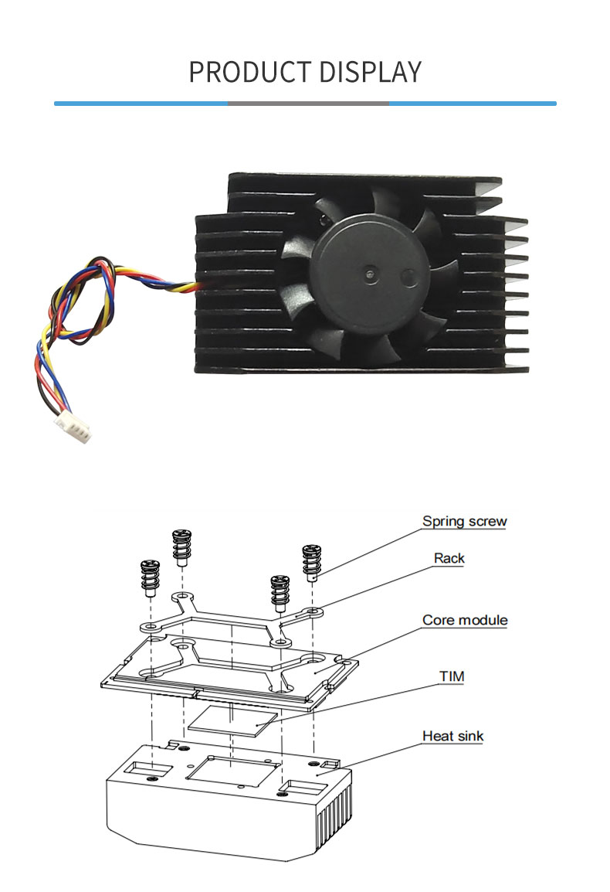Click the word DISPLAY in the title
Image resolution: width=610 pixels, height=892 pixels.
tap(370, 72)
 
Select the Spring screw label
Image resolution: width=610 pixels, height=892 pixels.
tap(465, 521)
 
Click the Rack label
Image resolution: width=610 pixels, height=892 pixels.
tap(449, 558)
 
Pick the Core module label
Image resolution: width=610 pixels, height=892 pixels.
tap(465, 620)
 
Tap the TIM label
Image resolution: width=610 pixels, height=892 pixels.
tap(452, 676)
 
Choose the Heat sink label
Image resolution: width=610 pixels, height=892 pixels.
tap(453, 736)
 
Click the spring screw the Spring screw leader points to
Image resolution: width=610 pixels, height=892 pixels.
tap(311, 562)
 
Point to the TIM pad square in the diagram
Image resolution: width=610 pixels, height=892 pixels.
tap(233, 720)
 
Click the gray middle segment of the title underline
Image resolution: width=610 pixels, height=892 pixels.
tap(308, 104)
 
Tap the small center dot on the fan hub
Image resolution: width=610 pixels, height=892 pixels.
tap(371, 274)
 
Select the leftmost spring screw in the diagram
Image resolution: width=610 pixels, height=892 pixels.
tap(150, 577)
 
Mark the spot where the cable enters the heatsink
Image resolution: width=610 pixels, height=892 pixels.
tap(197, 285)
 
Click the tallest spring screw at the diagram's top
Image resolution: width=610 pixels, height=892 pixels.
tap(181, 548)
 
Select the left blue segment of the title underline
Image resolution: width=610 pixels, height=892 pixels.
tap(141, 104)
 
